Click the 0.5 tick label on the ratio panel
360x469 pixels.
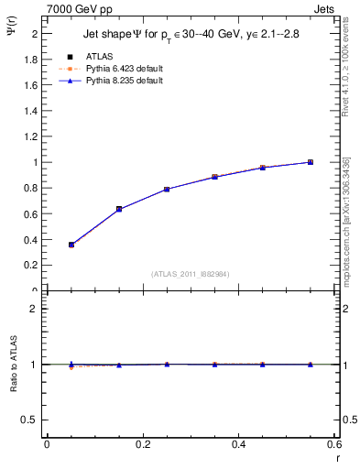click(x=29, y=420)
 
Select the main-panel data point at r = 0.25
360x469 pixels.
click(x=167, y=189)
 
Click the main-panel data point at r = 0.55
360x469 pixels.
click(x=311, y=162)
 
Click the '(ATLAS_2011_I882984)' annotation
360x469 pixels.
click(x=191, y=273)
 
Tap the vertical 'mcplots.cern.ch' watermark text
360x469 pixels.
click(x=346, y=247)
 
